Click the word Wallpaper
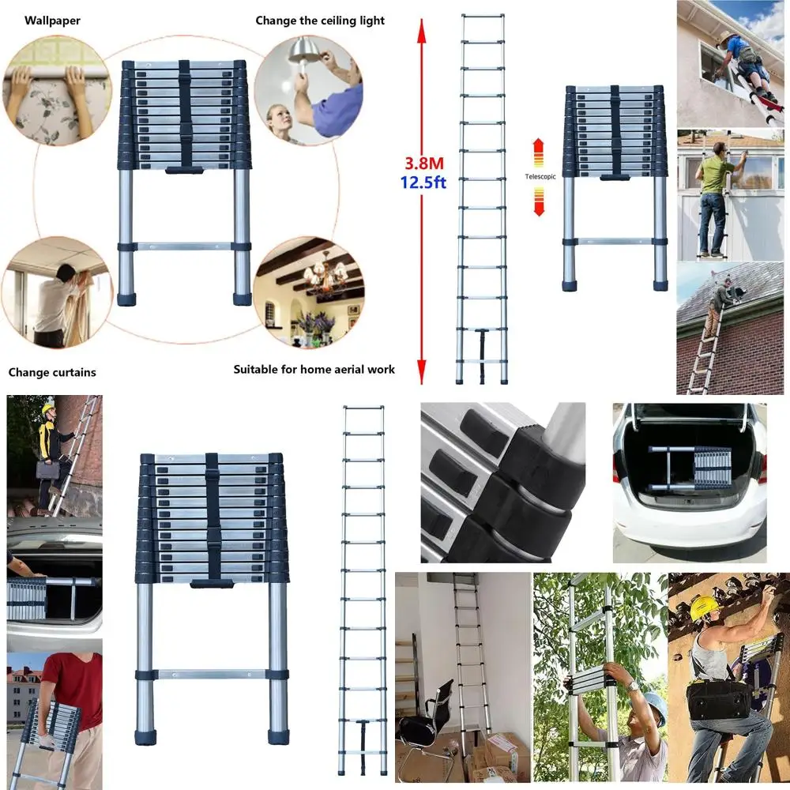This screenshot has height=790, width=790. (x=52, y=21)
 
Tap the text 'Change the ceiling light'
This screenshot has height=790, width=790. (x=320, y=21)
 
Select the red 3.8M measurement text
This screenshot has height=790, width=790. (x=424, y=164)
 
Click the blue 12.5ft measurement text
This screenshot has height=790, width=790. (x=423, y=182)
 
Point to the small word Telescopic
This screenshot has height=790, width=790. (x=540, y=176)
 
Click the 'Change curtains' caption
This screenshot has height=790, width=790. (x=52, y=372)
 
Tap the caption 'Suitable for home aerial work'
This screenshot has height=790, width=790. (x=314, y=369)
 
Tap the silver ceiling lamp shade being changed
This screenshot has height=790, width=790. (x=302, y=51)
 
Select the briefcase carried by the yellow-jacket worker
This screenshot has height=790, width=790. (x=48, y=468)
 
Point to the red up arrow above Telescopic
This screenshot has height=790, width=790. (x=539, y=152)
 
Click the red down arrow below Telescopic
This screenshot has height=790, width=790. (x=539, y=201)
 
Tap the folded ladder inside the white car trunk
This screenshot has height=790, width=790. (x=690, y=468)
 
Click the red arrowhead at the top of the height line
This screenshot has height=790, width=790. (x=422, y=30)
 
